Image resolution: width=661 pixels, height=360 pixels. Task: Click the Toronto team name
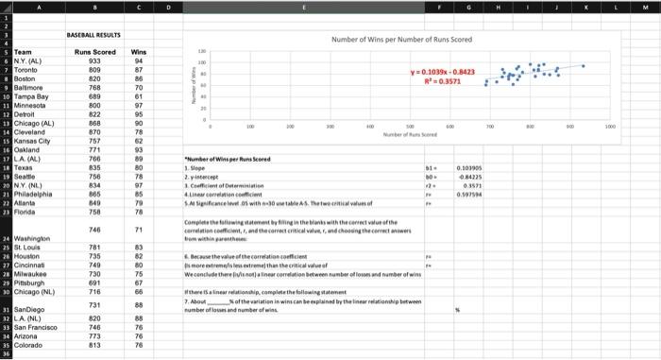tap(25, 69)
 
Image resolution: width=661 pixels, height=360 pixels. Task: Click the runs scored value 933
tap(95, 60)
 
